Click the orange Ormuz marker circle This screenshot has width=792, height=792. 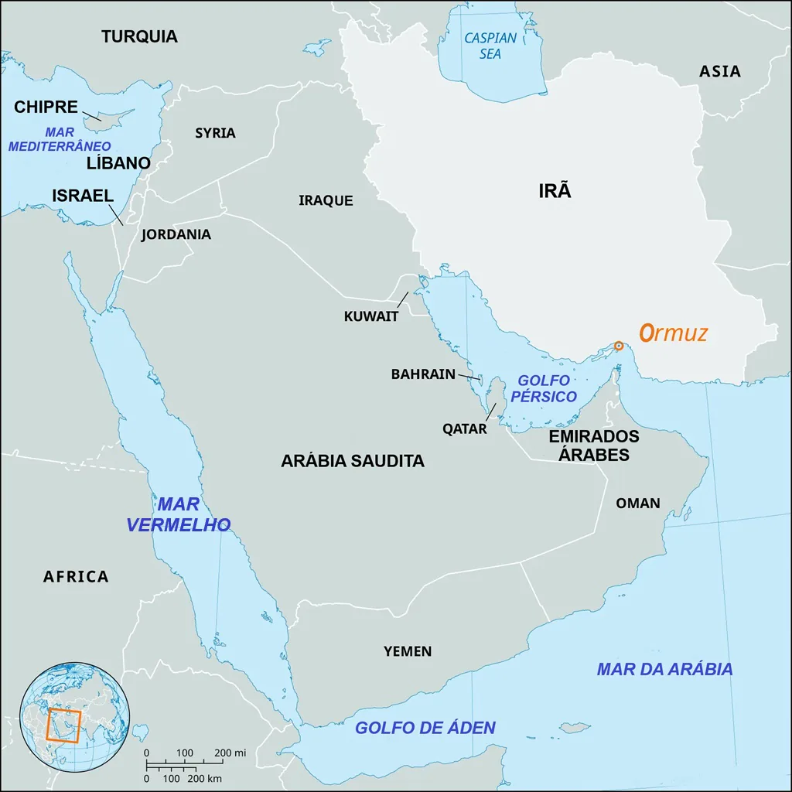[618, 346]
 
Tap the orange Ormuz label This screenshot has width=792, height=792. [673, 333]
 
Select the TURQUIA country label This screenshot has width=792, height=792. [139, 36]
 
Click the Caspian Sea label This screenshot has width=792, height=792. [490, 46]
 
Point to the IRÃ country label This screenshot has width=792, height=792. [555, 191]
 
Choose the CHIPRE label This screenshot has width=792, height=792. [46, 108]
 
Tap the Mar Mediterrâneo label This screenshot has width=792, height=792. [60, 139]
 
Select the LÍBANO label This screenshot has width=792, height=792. [118, 163]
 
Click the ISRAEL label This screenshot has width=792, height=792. [83, 196]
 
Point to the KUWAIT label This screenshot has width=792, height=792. [371, 316]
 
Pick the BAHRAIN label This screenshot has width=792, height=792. [423, 374]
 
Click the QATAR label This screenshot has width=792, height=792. [464, 428]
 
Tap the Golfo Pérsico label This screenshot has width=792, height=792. [546, 388]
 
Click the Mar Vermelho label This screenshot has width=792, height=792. [178, 514]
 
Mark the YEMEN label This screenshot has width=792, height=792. [408, 651]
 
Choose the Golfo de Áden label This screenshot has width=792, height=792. [425, 728]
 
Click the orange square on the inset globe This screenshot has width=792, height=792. [63, 725]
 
